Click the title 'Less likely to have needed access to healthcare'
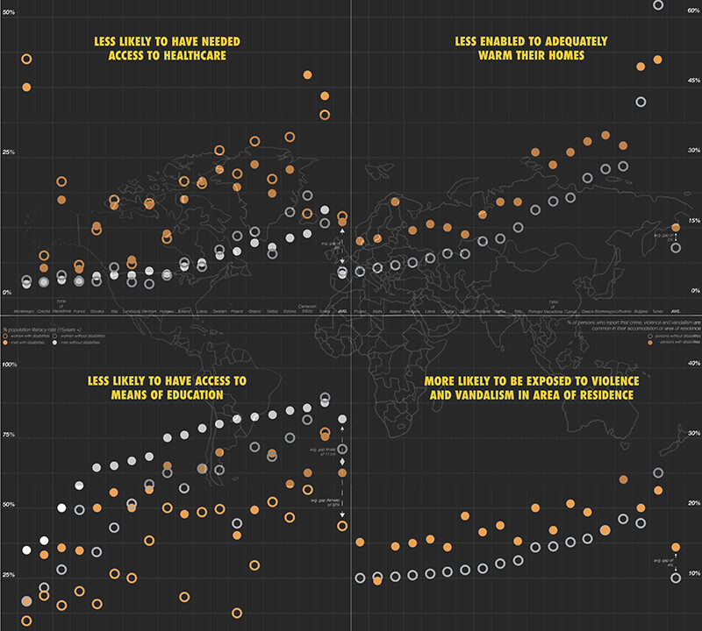pyautogui.click(x=168, y=48)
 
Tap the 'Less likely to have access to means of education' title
pyautogui.click(x=167, y=388)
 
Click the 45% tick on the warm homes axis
pyautogui.click(x=693, y=82)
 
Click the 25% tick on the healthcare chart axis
pyautogui.click(x=9, y=152)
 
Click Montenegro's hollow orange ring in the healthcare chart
pyautogui.click(x=26, y=59)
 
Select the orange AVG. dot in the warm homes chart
pyautogui.click(x=676, y=228)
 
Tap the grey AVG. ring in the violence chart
pyautogui.click(x=676, y=578)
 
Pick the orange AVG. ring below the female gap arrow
pyautogui.click(x=342, y=526)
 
